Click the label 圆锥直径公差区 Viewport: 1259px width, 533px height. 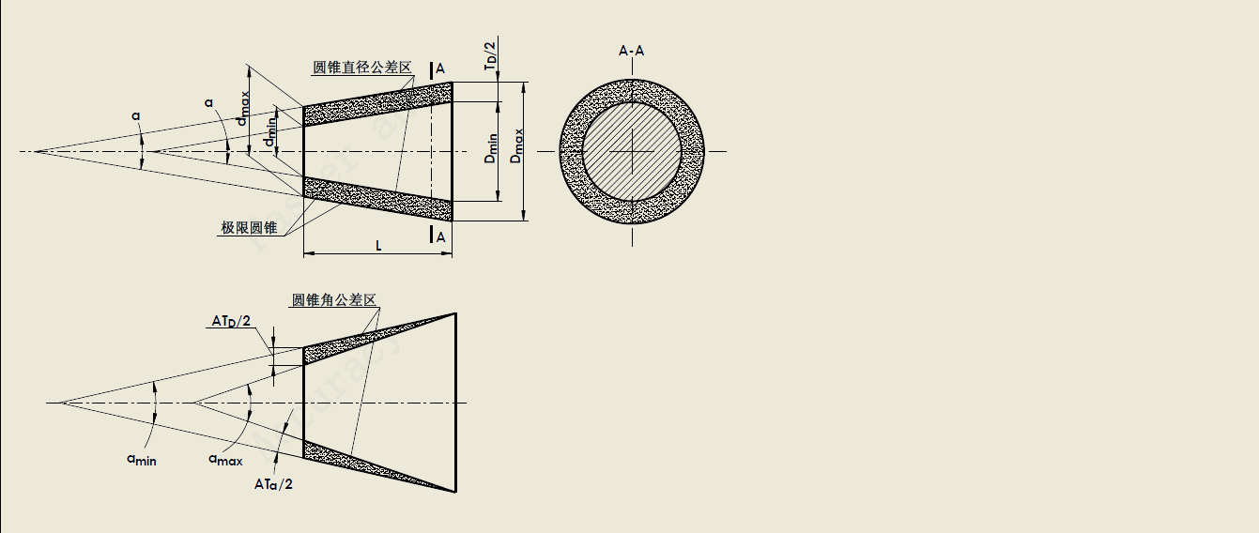(x=362, y=68)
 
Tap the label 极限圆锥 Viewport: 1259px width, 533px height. (x=249, y=227)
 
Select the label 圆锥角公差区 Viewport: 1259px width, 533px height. (x=334, y=300)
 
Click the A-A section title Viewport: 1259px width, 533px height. (x=631, y=51)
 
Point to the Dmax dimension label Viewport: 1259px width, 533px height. (x=516, y=146)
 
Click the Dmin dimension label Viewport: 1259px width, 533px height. (x=491, y=148)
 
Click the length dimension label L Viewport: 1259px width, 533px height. (x=378, y=246)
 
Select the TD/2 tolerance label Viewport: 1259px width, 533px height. (x=491, y=55)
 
